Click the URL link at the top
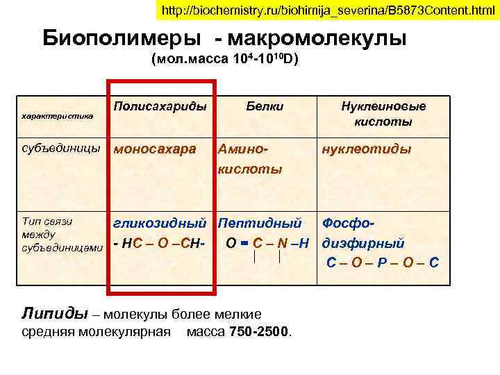323,11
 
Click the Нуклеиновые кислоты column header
383,114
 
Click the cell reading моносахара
155,149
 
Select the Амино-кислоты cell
251,159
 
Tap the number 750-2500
260,331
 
